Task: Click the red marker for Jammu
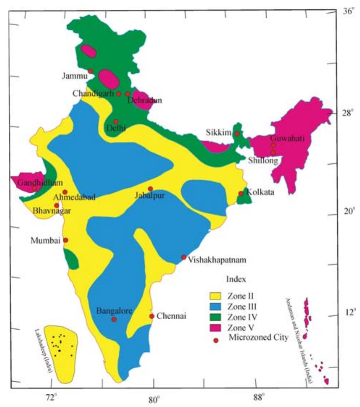[x=90, y=71]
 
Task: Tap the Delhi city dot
[x=116, y=122]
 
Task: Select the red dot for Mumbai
[x=65, y=240]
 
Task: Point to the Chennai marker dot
[x=152, y=316]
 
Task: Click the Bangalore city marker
[x=114, y=319]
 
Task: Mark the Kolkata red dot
[x=241, y=194]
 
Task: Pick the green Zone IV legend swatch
[x=217, y=317]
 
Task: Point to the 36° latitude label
[x=347, y=12]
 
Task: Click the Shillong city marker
[x=273, y=153]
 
